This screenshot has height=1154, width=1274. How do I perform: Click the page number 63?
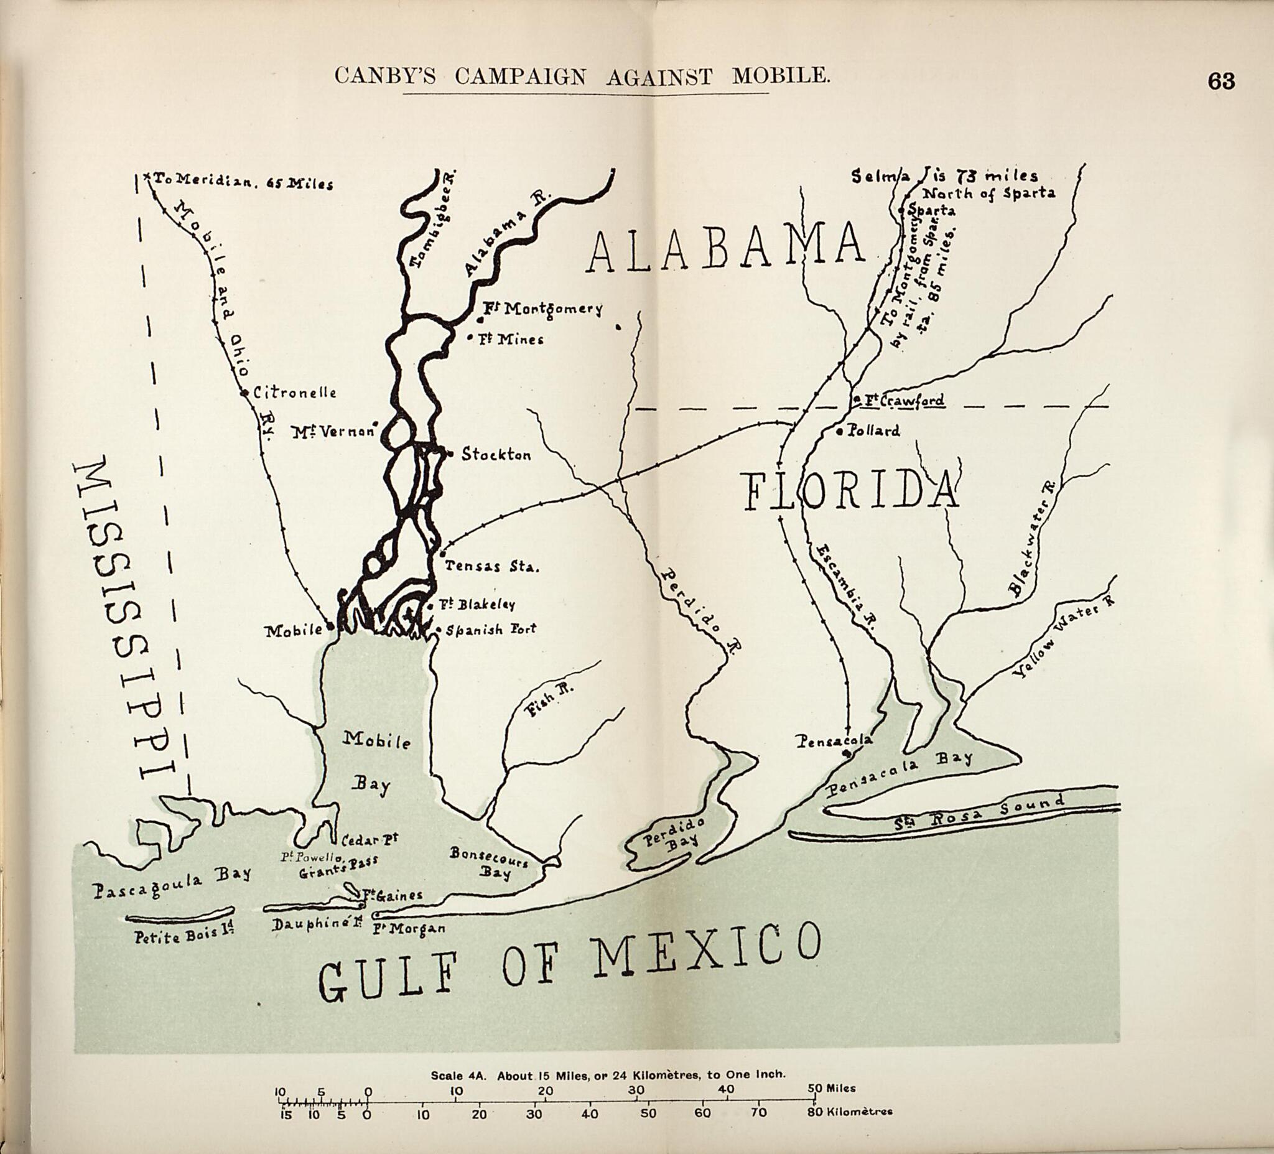[x=1221, y=81]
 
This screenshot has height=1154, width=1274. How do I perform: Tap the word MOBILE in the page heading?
[x=781, y=76]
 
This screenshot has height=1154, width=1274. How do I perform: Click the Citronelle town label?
[x=294, y=393]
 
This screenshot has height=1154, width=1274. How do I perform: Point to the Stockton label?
[x=496, y=454]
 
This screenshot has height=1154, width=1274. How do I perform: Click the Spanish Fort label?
[x=491, y=630]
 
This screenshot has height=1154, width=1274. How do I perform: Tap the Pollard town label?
[x=874, y=431]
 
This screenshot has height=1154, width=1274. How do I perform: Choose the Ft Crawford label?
[x=904, y=400]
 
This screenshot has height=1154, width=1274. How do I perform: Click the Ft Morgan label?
[x=408, y=928]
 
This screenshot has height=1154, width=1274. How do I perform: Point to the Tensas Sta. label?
[x=491, y=566]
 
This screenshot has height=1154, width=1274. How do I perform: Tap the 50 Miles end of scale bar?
[x=831, y=1088]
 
